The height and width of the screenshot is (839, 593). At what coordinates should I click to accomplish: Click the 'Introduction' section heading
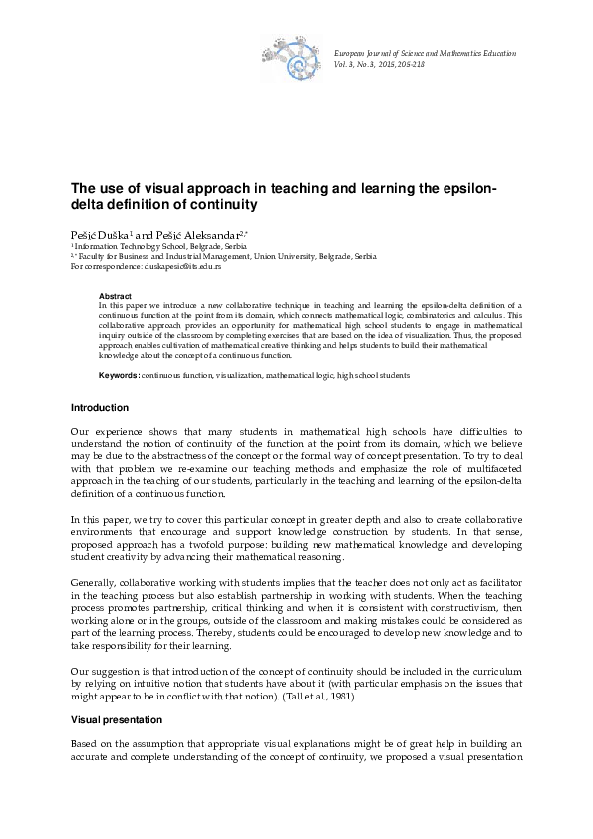[x=99, y=408]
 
